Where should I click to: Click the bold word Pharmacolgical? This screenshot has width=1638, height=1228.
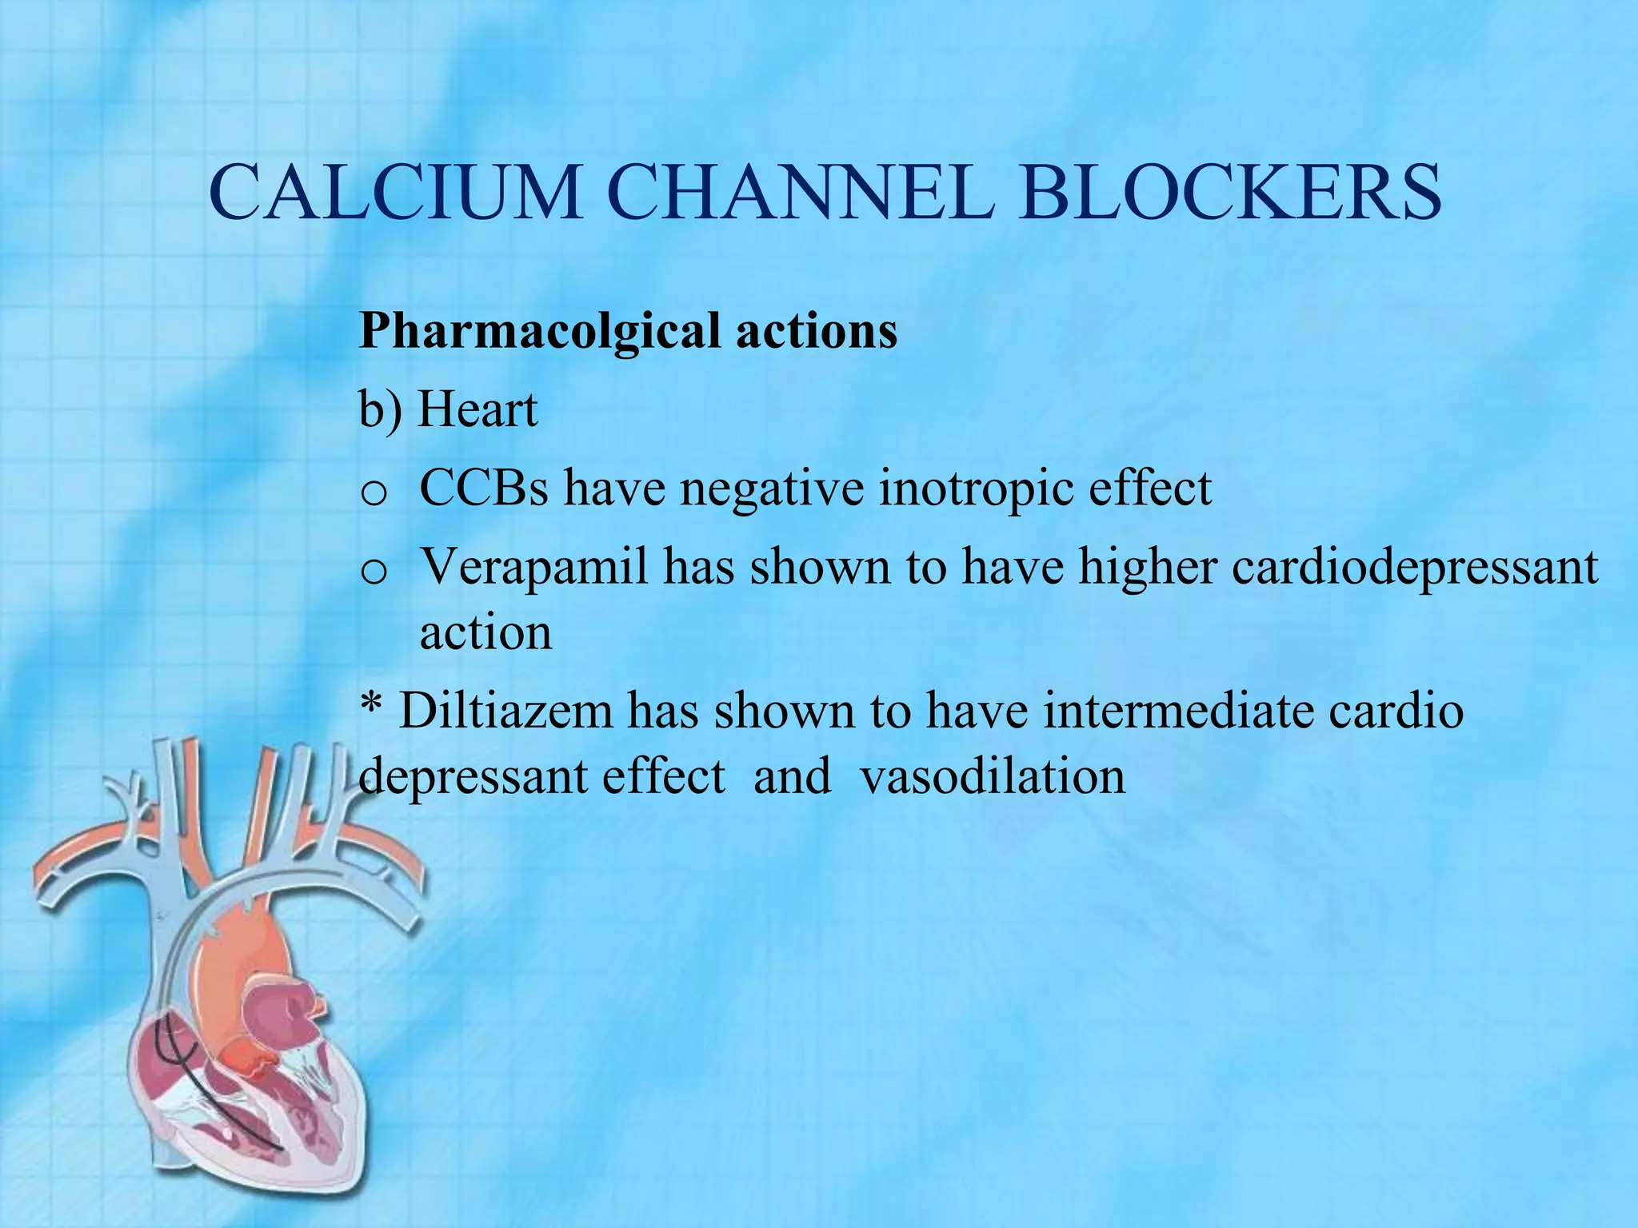539,332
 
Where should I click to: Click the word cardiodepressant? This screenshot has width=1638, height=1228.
1415,568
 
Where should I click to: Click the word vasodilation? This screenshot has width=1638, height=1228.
993,775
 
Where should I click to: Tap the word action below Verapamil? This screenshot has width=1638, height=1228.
486,633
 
